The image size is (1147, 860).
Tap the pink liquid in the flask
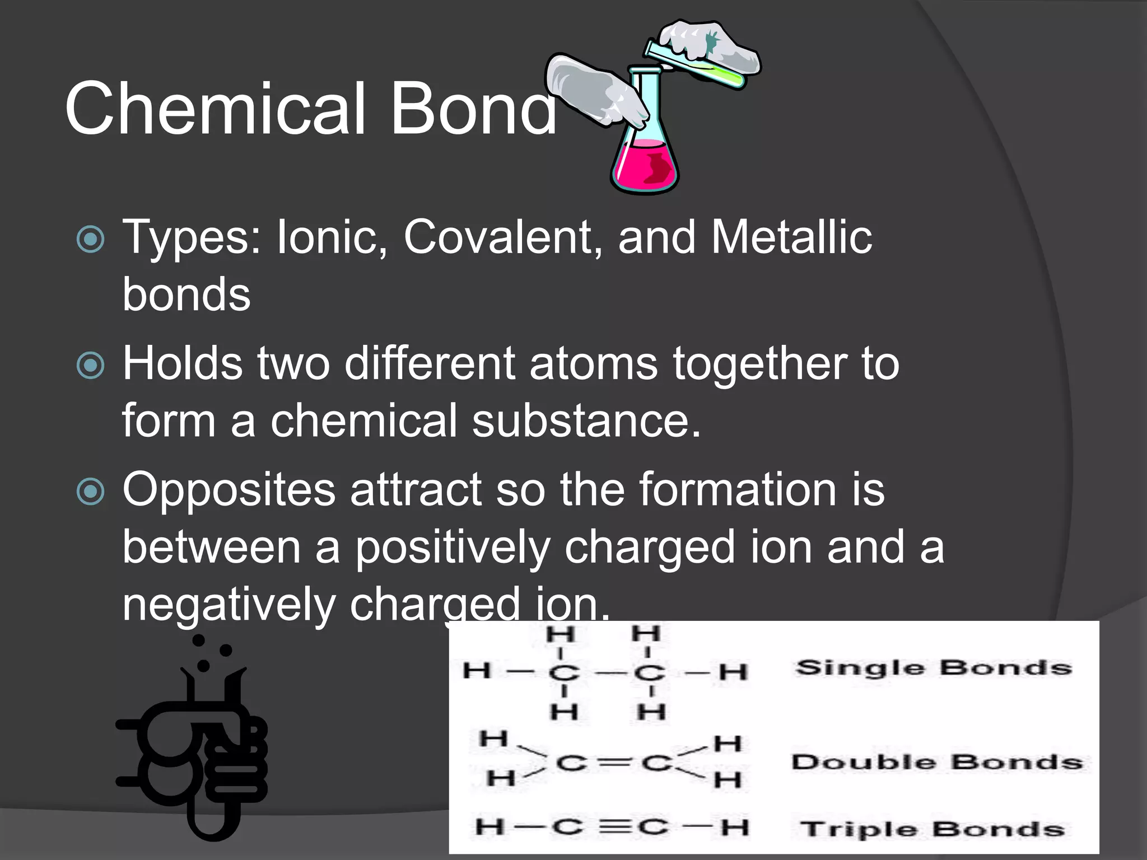644,166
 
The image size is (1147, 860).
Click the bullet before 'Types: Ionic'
90,239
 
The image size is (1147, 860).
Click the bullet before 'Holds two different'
90,365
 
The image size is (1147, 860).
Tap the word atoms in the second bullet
593,363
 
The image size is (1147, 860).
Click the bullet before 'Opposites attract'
90,492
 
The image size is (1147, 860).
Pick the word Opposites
229,490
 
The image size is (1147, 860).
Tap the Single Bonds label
934,668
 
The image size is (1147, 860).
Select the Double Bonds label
936,762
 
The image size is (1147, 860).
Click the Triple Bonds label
932,829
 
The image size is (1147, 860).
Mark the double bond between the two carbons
614,763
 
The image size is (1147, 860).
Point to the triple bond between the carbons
614,827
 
